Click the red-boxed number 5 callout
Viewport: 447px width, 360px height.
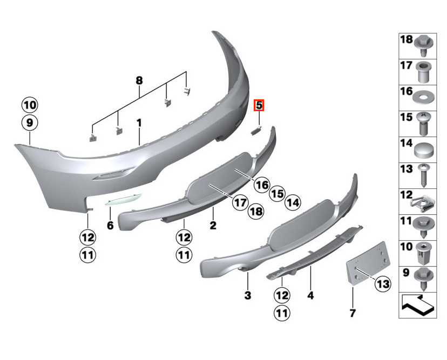point(259,105)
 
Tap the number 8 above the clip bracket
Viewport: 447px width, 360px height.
point(139,80)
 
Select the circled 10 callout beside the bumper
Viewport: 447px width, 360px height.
point(30,105)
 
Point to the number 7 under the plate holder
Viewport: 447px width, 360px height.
point(353,313)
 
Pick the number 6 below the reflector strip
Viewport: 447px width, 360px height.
point(110,226)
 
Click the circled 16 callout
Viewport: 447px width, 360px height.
point(262,185)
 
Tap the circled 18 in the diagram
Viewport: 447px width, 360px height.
point(256,211)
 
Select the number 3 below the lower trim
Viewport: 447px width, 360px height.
point(248,295)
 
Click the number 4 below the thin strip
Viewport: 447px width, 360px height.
point(310,295)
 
